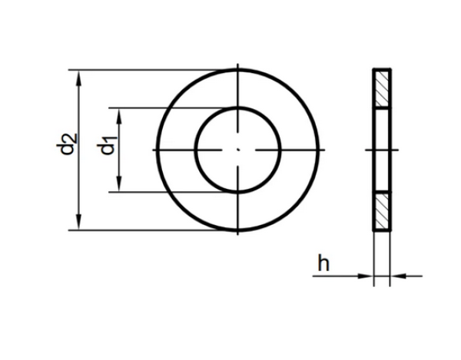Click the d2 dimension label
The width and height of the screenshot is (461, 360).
[68, 144]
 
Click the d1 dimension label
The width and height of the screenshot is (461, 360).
[106, 144]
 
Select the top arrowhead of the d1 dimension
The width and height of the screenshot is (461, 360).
[118, 112]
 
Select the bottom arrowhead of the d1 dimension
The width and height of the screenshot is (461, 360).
[118, 187]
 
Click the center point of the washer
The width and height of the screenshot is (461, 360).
[238, 149]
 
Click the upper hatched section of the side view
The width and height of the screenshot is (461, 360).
[382, 89]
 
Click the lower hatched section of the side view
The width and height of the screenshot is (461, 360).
[382, 210]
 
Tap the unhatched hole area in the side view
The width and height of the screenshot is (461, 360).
[382, 149]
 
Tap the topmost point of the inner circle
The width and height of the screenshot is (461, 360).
[238, 107]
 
